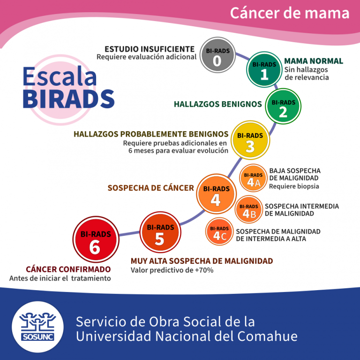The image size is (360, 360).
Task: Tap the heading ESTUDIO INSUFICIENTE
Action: [149, 49]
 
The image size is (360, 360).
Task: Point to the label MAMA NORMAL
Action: [314, 61]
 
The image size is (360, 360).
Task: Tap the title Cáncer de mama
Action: [289, 13]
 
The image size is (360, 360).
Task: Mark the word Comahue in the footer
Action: [266, 336]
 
